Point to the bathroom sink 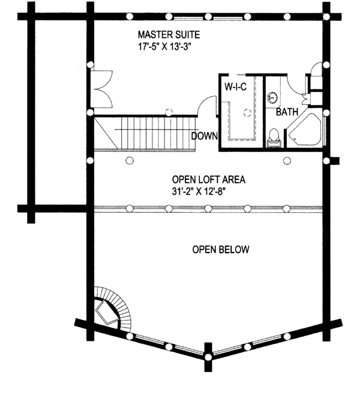tap(272, 96)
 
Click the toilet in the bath tap(273, 137)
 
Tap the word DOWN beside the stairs tap(204, 136)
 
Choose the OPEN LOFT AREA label tap(209, 179)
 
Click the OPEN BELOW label tap(220, 249)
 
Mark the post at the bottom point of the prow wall tap(208, 357)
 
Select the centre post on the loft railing tap(208, 208)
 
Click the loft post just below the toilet tap(287, 160)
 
